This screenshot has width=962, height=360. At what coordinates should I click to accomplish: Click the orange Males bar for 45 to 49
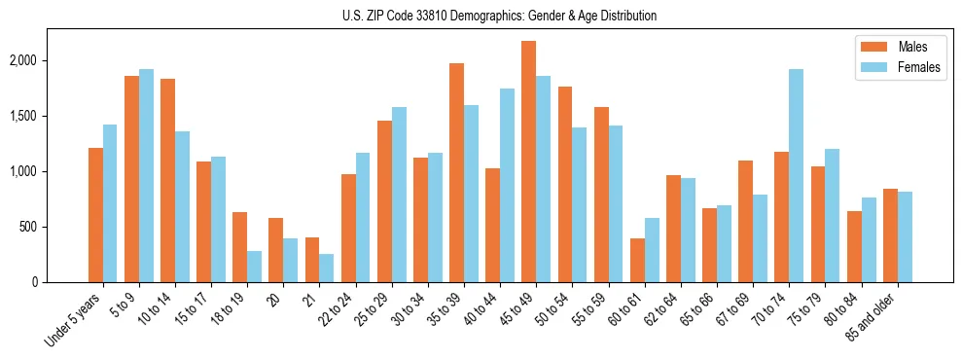coord(528,162)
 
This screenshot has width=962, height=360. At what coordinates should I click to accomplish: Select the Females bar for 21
coord(326,268)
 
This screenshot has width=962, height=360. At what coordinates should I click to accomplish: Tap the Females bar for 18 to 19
coord(254,267)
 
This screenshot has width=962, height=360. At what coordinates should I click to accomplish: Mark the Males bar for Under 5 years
coord(95,215)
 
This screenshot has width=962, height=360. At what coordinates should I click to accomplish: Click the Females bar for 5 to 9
coord(146,176)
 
